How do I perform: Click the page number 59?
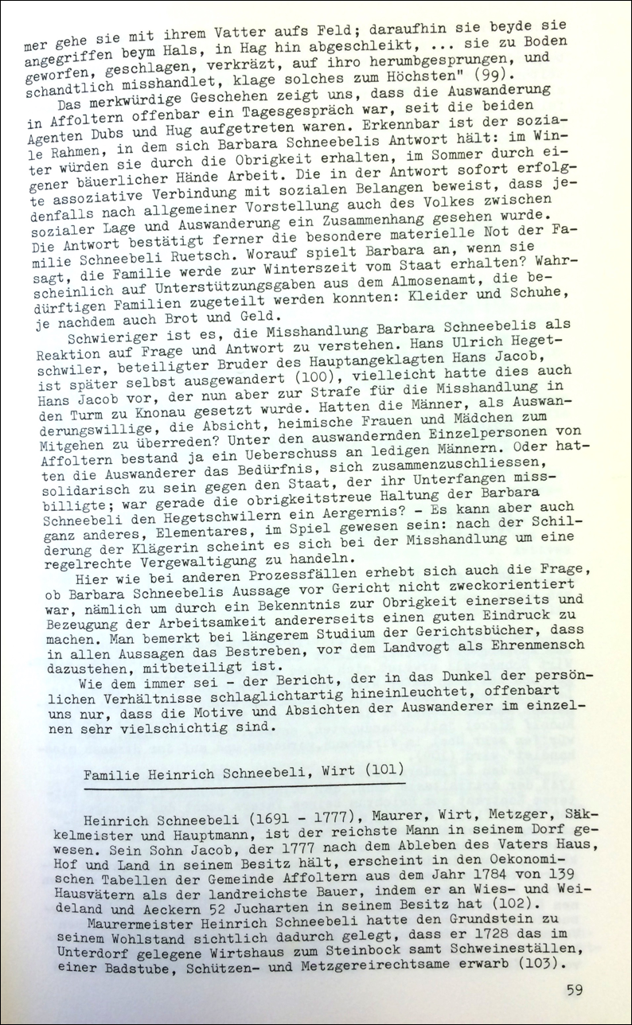tap(575, 990)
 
